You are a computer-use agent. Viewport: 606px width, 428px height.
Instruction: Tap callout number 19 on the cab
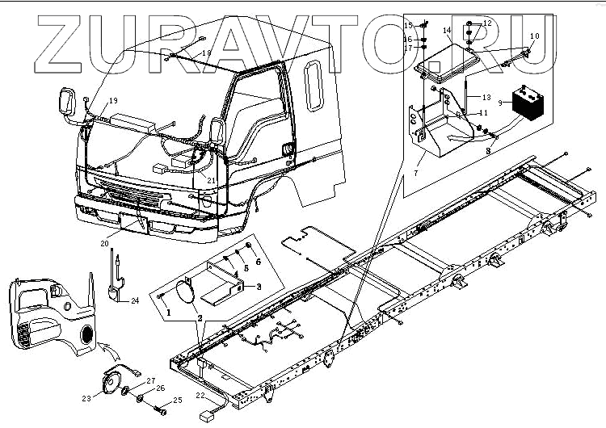click(113, 100)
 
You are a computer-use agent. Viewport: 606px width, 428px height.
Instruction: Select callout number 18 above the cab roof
click(207, 53)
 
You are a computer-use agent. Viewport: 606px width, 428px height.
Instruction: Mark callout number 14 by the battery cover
click(446, 31)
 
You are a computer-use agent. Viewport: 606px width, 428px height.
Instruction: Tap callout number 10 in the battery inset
click(534, 36)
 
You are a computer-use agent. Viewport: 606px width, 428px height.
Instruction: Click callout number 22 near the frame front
click(200, 395)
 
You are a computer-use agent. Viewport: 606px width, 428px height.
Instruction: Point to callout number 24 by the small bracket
click(135, 300)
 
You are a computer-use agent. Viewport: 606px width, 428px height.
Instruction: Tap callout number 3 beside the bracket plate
click(258, 286)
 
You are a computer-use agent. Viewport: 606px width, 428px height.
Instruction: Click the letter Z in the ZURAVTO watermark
click(56, 40)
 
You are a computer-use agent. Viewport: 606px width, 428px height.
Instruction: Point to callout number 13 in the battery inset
click(486, 97)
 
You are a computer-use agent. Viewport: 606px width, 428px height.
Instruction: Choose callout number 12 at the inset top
click(486, 23)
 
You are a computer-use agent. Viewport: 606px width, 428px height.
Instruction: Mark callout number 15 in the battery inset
click(409, 26)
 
